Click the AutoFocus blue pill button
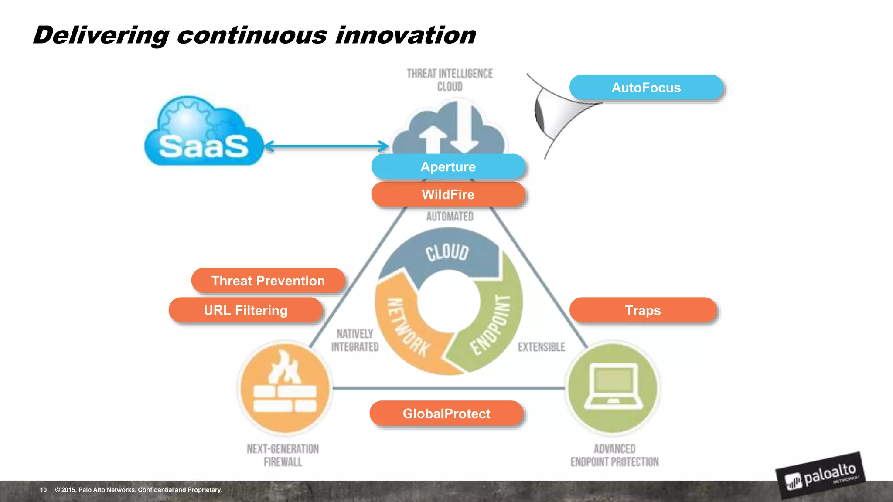pos(646,88)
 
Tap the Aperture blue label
pos(448,166)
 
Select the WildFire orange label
pos(448,194)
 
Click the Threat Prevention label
pos(268,281)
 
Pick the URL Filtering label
pos(245,310)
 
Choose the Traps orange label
pos(643,310)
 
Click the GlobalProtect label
pos(446,413)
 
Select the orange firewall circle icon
pos(285,388)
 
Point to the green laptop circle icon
pos(613,388)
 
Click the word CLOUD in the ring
pos(447,252)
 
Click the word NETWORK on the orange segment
pos(408,327)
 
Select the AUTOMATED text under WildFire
pos(450,217)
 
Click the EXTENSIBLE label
pos(541,347)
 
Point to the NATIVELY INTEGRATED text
pos(354,340)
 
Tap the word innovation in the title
pos(405,35)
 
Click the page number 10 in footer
pos(43,490)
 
